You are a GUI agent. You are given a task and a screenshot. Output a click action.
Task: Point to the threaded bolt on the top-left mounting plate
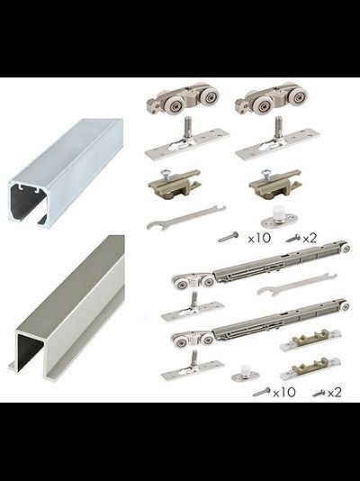[x=188, y=127]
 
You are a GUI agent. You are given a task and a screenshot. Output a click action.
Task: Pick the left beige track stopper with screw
[x=175, y=184]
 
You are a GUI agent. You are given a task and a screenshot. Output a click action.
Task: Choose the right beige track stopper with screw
[x=275, y=184]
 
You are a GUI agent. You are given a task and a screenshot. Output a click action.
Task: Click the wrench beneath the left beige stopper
[x=186, y=218]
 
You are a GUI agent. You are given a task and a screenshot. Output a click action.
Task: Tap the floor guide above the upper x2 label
[x=279, y=217]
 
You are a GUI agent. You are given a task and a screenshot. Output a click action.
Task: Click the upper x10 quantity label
[x=259, y=238]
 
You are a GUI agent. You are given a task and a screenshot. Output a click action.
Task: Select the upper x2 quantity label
[x=310, y=239]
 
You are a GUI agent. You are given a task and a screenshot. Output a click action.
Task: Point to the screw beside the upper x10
[x=229, y=237]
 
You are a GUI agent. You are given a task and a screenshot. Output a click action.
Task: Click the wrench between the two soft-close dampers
[x=297, y=284]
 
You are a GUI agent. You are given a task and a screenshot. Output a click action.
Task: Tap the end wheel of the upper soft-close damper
[x=346, y=249]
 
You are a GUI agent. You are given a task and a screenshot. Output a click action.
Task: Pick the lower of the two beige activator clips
[x=310, y=364]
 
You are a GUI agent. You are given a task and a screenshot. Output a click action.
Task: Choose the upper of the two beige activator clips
[x=310, y=340]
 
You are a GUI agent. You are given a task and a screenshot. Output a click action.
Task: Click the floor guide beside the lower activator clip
[x=246, y=373]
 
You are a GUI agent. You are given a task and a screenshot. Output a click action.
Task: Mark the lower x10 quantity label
[x=284, y=393]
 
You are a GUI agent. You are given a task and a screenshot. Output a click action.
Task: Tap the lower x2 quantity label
[x=334, y=393]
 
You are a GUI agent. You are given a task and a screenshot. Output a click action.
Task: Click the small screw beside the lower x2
[x=319, y=393]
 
